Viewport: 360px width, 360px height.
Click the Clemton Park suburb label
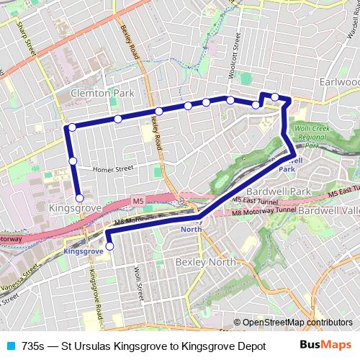(102, 94)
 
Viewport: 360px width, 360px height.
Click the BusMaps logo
(331, 344)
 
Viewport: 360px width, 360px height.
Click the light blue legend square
(11, 345)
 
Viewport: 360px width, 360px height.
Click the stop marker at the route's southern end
(109, 246)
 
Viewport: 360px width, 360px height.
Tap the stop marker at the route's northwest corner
(71, 127)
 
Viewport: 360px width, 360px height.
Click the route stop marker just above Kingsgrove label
(79, 197)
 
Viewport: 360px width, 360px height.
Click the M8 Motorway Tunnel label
(268, 214)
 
